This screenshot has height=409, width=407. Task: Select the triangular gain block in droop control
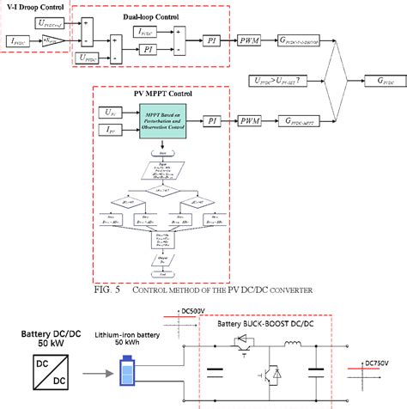tap(53, 40)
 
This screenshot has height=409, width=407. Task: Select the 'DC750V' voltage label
tap(384, 363)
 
